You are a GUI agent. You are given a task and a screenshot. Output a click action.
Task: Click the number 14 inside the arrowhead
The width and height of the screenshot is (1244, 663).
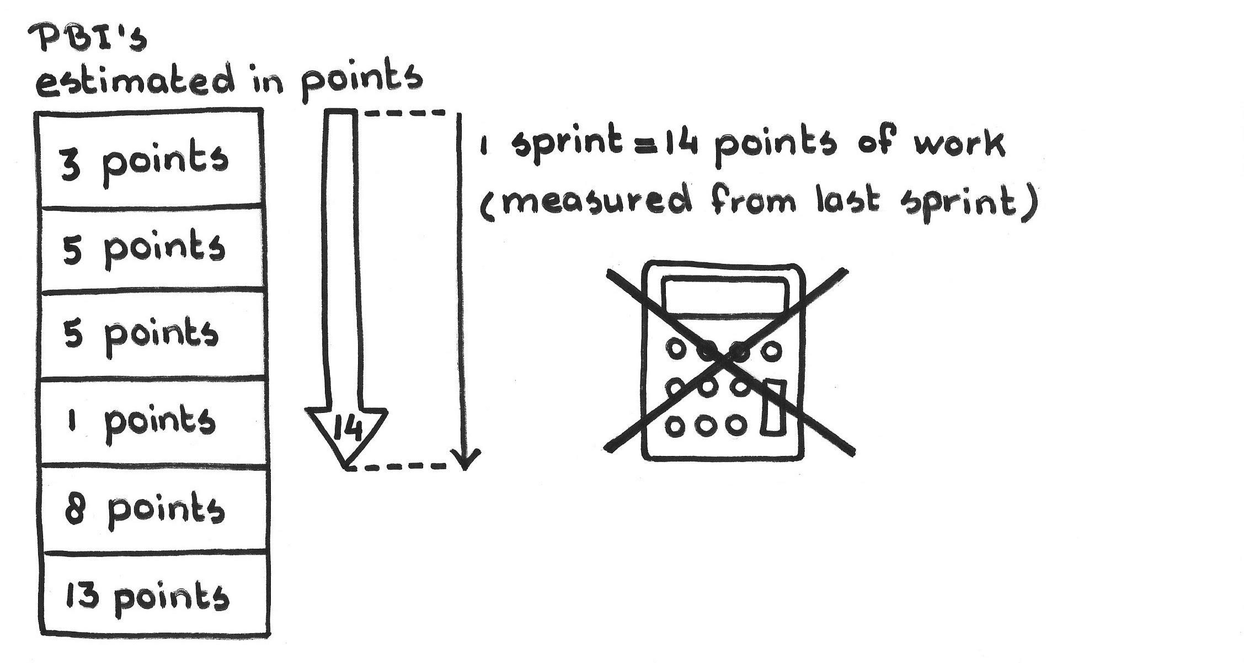pyautogui.click(x=347, y=429)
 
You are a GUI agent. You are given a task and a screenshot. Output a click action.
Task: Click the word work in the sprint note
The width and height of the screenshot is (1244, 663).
pyautogui.click(x=959, y=145)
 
